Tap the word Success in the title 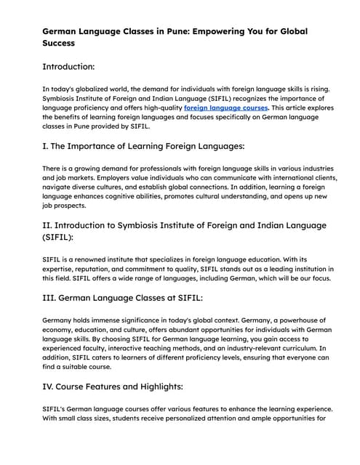(x=60, y=44)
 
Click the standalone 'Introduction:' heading (x=68, y=67)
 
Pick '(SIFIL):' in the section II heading (x=62, y=238)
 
